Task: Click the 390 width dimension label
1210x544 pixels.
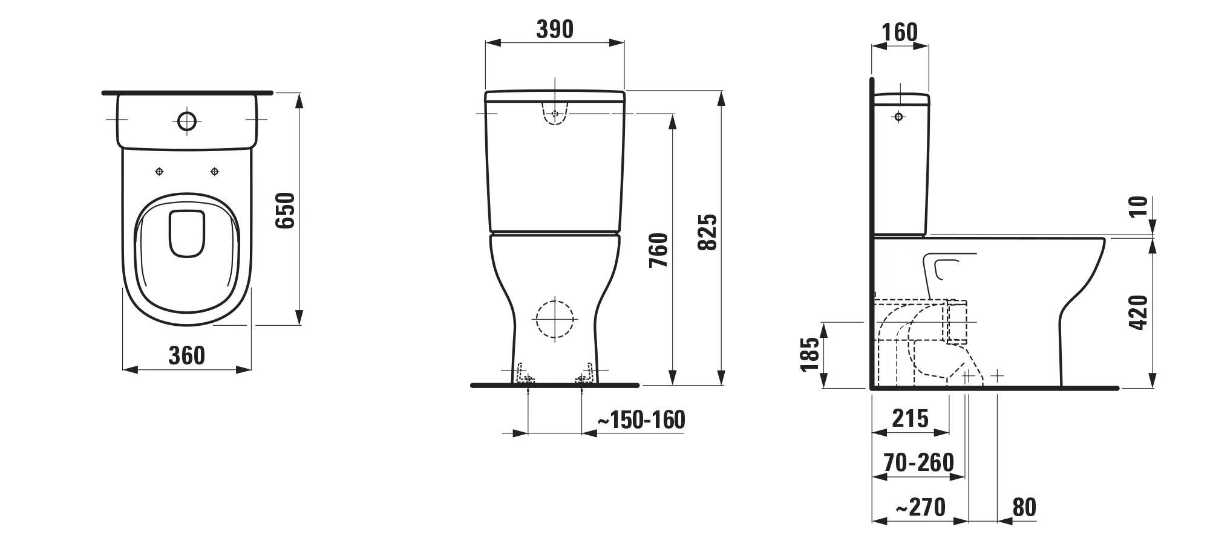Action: point(555,29)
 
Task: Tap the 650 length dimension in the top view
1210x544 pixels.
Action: point(285,210)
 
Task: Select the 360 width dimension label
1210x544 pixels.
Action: point(186,355)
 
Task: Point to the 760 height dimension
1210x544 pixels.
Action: point(658,250)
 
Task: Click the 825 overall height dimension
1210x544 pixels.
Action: point(707,232)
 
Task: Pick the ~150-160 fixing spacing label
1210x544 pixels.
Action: point(641,419)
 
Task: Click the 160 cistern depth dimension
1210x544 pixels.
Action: point(900,32)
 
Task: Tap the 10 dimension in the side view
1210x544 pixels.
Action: point(1139,206)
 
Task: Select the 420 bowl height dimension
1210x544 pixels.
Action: point(1139,312)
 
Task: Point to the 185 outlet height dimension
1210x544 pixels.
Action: point(809,354)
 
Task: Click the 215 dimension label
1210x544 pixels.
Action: point(910,418)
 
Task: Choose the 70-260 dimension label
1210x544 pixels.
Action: point(918,462)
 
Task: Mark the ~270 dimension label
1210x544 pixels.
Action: point(920,507)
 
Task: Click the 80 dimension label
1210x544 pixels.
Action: point(1024,507)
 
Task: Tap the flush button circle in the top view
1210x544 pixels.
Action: point(187,121)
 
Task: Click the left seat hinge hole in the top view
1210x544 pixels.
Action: point(159,172)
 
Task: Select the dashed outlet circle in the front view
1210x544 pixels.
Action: point(555,320)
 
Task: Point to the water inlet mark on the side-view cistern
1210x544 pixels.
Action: point(898,117)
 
